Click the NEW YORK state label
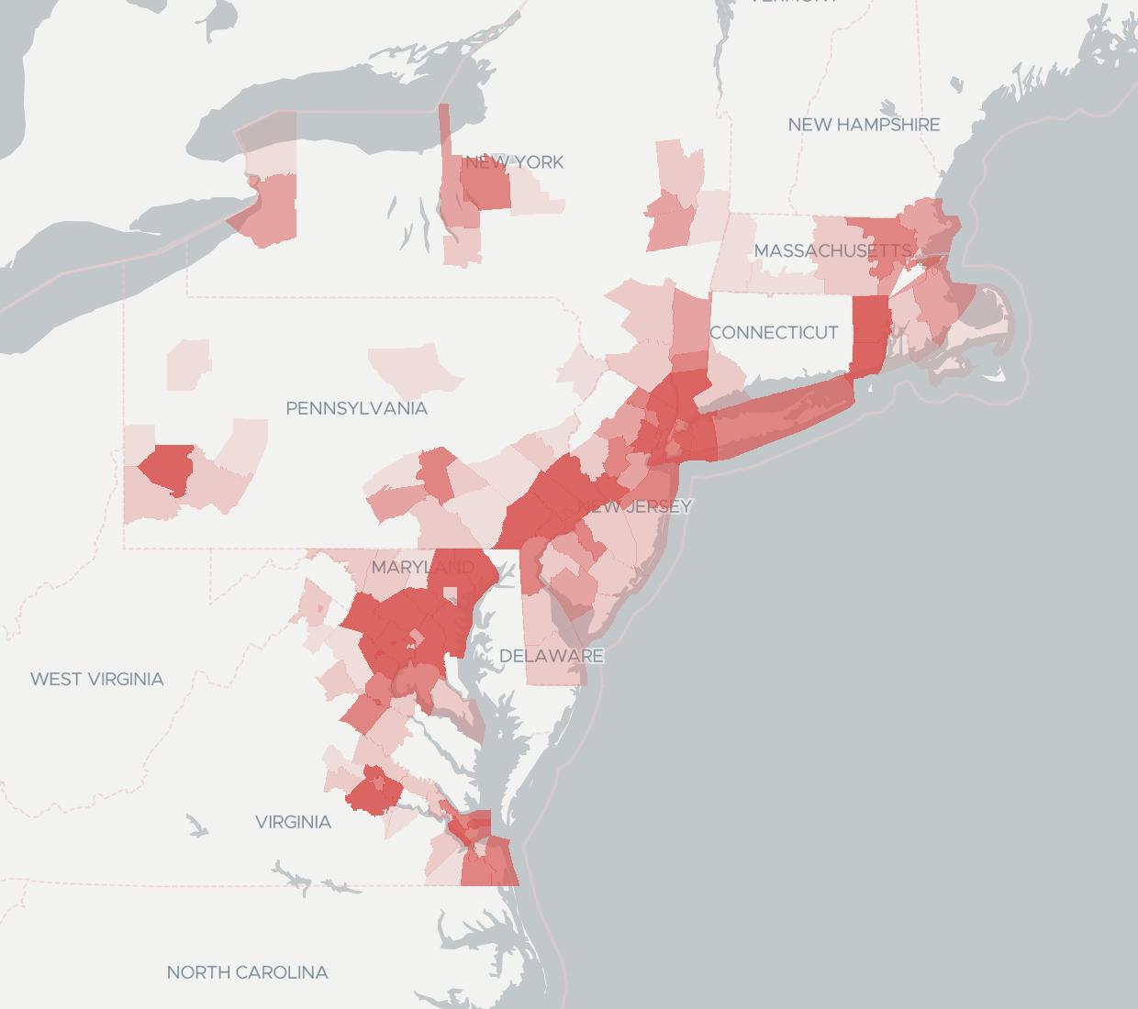tap(514, 162)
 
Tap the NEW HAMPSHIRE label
tap(864, 125)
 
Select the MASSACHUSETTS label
tap(832, 250)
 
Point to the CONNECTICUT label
tap(774, 332)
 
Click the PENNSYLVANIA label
tap(356, 408)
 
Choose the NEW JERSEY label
tap(635, 506)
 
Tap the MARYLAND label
tap(423, 568)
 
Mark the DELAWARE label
tap(551, 656)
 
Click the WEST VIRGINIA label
tap(96, 680)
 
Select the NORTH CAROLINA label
tap(247, 972)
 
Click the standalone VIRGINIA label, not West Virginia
tap(293, 823)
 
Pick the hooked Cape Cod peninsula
tap(1005, 321)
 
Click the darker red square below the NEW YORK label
tap(485, 188)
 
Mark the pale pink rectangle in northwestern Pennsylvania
tap(188, 365)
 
